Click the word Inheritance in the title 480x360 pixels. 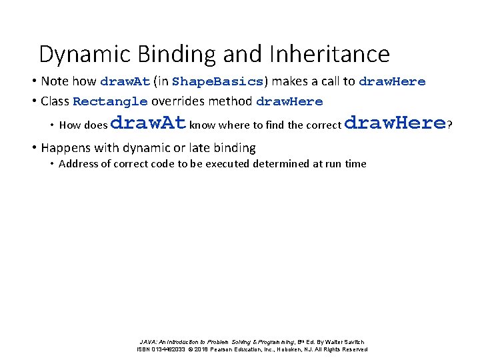[329, 53]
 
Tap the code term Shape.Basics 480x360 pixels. [218, 81]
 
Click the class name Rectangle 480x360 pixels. [110, 102]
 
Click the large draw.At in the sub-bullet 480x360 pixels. [148, 123]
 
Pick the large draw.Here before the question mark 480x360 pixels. [396, 123]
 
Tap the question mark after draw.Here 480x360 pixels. [450, 124]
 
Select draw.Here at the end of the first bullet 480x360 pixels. [392, 81]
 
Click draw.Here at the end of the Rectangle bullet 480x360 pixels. [289, 102]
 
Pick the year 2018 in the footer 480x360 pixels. [203, 349]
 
